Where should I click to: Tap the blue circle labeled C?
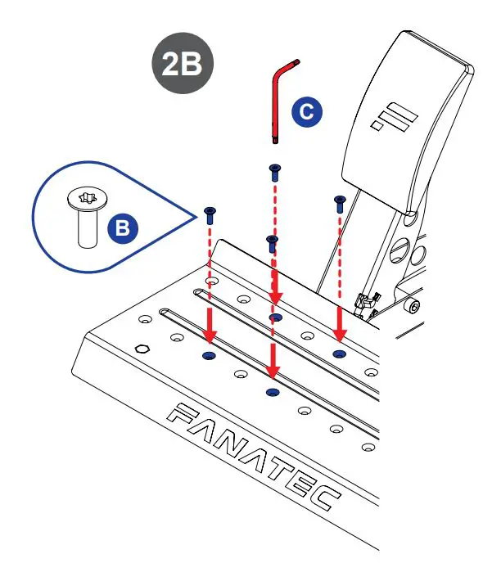click(306, 113)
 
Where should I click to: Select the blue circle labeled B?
click(122, 228)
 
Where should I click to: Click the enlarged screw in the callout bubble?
click(85, 217)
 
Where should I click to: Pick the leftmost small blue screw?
click(210, 215)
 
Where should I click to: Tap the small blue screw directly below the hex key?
click(273, 173)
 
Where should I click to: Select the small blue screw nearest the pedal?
click(338, 203)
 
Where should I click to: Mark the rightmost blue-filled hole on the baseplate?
click(339, 353)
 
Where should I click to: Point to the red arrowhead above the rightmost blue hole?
click(339, 330)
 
